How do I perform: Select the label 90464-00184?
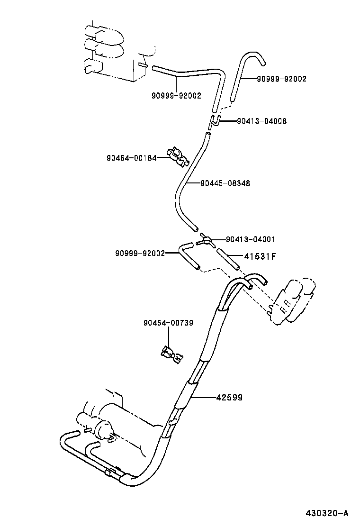point(131,158)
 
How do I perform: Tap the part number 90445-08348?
point(225,183)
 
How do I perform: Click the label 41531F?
point(260,256)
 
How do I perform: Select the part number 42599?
point(229,398)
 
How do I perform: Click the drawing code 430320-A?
point(326,513)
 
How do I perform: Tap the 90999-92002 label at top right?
point(281,79)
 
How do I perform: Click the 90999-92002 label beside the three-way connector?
point(139,253)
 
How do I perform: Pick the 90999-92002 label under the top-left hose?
point(176,95)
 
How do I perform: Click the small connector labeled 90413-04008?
point(214,122)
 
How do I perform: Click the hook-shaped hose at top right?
point(246,71)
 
